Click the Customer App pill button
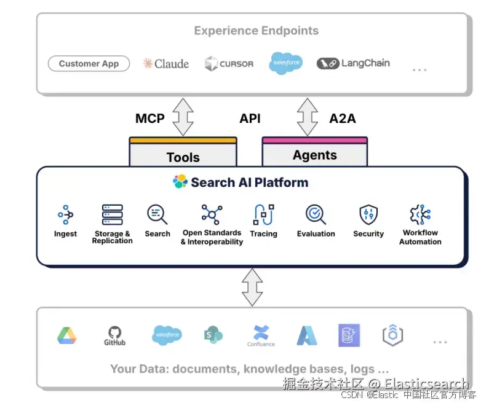89,63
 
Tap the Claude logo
165,63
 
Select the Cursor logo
229,63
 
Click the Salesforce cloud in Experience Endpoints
286,63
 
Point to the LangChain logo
353,63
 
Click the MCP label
150,118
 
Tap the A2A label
343,118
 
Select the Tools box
183,154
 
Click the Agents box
314,153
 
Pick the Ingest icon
65,214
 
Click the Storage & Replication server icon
113,214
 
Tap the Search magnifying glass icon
157,214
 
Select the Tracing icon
263,214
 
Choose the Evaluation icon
316,214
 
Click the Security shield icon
368,214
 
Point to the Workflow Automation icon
420,214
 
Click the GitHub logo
114,335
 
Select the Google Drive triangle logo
66,335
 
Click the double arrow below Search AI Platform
252,287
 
